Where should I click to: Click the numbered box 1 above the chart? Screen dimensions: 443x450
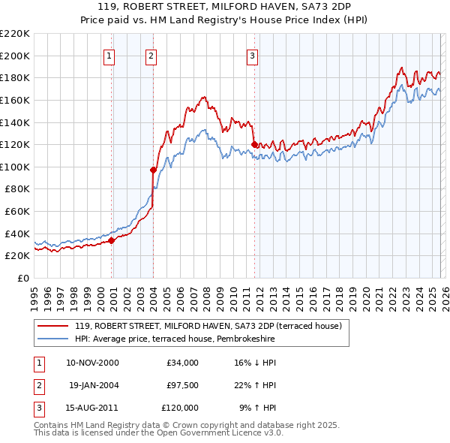pos(109,55)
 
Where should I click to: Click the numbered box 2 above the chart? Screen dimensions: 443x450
pos(151,55)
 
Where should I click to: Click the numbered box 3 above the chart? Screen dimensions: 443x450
pos(252,55)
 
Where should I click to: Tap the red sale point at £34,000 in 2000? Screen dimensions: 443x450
pos(111,240)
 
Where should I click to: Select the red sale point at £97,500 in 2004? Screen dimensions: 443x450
pos(153,170)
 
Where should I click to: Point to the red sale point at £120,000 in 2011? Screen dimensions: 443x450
pos(254,144)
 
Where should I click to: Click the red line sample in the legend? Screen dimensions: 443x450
pos(54,326)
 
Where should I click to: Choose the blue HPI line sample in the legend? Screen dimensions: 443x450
pos(54,339)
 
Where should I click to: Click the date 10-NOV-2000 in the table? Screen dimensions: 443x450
pos(92,363)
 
